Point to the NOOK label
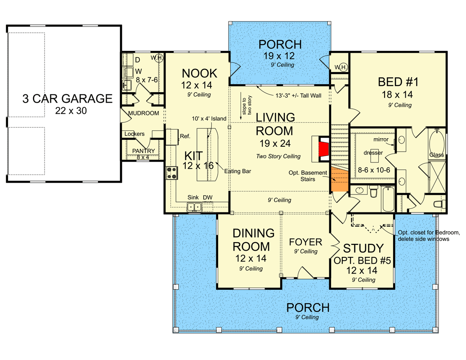(x=199, y=73)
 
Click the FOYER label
(x=305, y=242)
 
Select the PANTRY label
(x=143, y=151)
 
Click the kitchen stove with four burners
(x=171, y=172)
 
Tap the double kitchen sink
(x=194, y=207)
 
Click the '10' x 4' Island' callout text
(x=208, y=118)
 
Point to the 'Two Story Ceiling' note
(x=278, y=156)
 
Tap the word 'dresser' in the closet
(x=373, y=153)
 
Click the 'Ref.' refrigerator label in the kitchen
(x=184, y=135)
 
